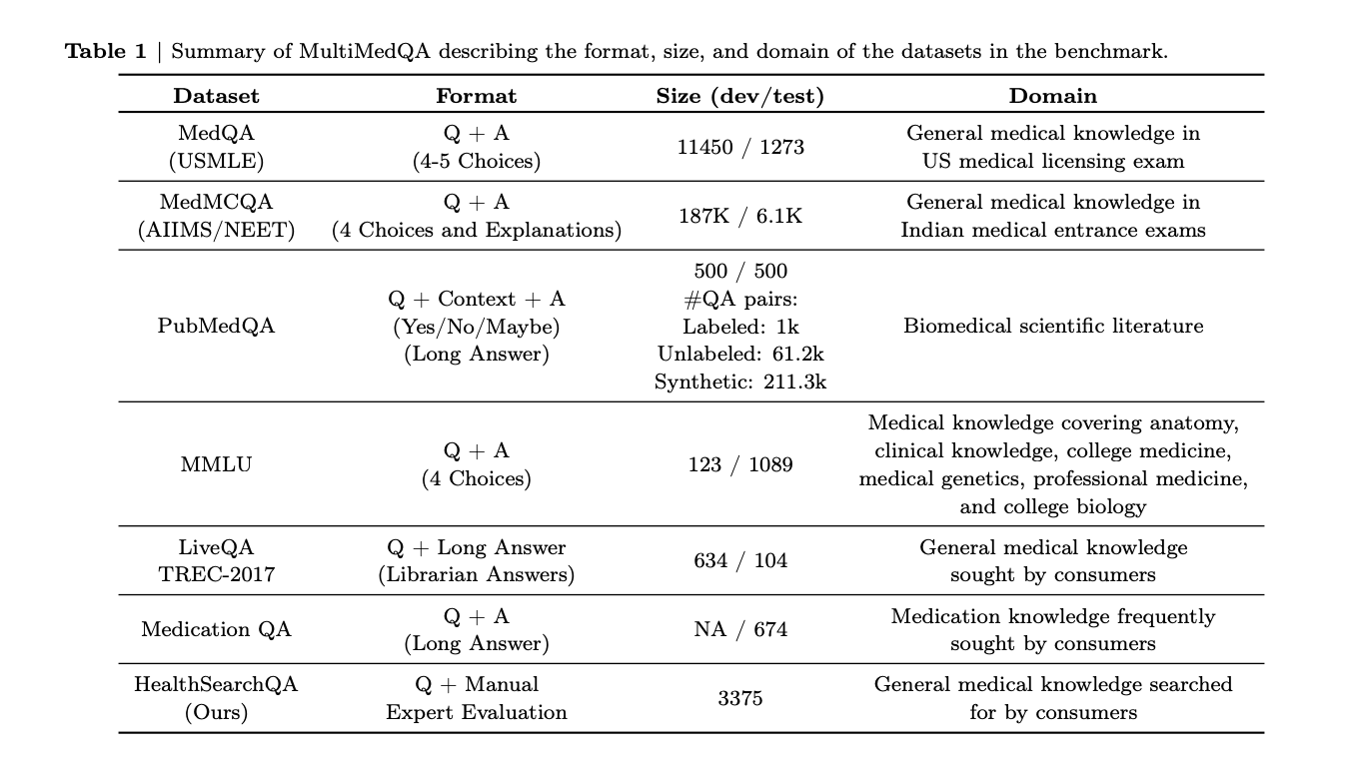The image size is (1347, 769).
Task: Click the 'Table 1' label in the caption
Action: pyautogui.click(x=105, y=52)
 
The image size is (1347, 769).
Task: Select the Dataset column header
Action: pyautogui.click(x=216, y=96)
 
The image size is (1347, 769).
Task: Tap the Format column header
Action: pyautogui.click(x=477, y=96)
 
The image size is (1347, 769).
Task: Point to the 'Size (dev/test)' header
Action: pyautogui.click(x=739, y=96)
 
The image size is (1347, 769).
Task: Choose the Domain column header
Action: pyautogui.click(x=1052, y=96)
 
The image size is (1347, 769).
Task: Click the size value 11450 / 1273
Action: pyautogui.click(x=739, y=147)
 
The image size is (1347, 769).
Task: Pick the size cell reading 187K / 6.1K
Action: pyautogui.click(x=739, y=216)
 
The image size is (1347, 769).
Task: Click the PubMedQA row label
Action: pyautogui.click(x=216, y=326)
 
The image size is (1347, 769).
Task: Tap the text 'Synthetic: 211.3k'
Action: pyautogui.click(x=739, y=381)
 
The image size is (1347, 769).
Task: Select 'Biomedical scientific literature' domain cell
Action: pyautogui.click(x=1052, y=326)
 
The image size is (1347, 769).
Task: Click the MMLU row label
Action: pyautogui.click(x=216, y=464)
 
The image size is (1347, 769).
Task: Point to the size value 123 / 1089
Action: pyautogui.click(x=739, y=464)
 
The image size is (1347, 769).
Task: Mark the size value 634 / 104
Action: pyautogui.click(x=739, y=560)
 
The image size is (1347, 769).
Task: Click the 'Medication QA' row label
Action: pyautogui.click(x=216, y=629)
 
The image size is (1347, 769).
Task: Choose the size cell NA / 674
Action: pyautogui.click(x=739, y=629)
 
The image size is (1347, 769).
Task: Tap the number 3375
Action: pyautogui.click(x=739, y=698)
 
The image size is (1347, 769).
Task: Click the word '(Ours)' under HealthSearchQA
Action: pyautogui.click(x=216, y=712)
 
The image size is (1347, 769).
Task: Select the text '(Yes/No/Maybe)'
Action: pyautogui.click(x=477, y=327)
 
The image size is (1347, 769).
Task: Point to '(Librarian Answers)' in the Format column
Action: pyautogui.click(x=477, y=574)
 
